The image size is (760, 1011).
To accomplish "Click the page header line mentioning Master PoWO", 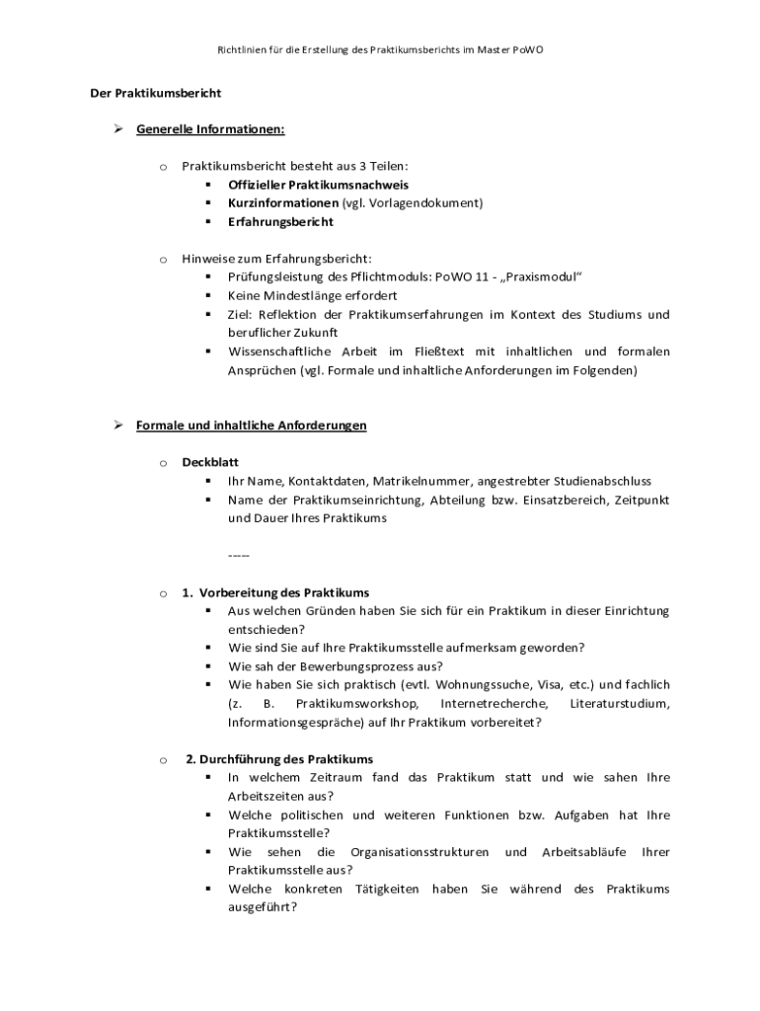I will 380,48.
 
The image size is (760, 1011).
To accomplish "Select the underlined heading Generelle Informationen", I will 210,128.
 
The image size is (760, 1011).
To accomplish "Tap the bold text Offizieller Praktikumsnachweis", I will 318,185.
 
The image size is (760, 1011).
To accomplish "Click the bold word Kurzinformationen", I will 283,202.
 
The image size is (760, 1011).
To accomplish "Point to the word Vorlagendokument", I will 425,202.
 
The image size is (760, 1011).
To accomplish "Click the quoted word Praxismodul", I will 535,277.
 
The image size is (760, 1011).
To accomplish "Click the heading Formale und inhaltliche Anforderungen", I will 252,426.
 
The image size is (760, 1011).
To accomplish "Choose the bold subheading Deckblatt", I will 210,462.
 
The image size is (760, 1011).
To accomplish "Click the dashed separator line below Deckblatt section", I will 238,556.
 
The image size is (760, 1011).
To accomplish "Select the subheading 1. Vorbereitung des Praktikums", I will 275,592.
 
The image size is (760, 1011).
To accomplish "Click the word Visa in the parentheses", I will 540,685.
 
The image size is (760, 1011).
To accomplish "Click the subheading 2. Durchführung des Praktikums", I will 279,759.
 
